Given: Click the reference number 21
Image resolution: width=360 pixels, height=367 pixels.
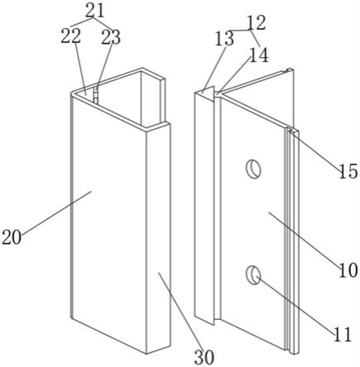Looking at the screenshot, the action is tap(95, 11).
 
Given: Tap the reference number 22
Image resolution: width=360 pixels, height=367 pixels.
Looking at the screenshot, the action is tap(71, 36).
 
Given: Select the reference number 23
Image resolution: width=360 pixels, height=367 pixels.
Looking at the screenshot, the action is tap(111, 37).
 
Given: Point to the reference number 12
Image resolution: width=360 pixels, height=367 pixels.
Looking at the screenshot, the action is tap(257, 22).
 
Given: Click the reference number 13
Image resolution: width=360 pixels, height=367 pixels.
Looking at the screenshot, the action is tap(225, 39).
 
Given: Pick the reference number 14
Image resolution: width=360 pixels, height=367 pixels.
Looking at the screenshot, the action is tap(258, 55).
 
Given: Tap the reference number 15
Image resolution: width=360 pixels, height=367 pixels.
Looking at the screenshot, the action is tap(348, 171).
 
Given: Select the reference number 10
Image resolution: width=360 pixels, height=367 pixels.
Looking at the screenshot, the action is tap(348, 270).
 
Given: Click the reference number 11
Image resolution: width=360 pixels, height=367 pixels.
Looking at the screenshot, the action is tap(343, 335).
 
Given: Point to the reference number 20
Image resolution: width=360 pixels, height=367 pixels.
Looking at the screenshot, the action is tap(12, 237).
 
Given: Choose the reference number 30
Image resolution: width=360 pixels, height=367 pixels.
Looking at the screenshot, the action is tap(204, 358).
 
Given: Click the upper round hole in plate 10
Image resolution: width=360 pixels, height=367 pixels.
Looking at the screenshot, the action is tap(253, 169).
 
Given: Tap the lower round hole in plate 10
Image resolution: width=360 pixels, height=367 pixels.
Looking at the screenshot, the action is tap(253, 274).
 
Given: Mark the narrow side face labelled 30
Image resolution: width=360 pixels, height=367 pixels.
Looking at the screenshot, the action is tap(159, 238).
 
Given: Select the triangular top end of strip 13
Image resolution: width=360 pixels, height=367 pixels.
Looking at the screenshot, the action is tap(207, 93).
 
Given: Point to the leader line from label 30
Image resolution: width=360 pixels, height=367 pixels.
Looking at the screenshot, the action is tap(179, 311).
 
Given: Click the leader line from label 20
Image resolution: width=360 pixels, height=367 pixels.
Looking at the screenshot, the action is tap(56, 212).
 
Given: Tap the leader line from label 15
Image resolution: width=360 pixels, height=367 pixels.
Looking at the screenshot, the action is tap(318, 150).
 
